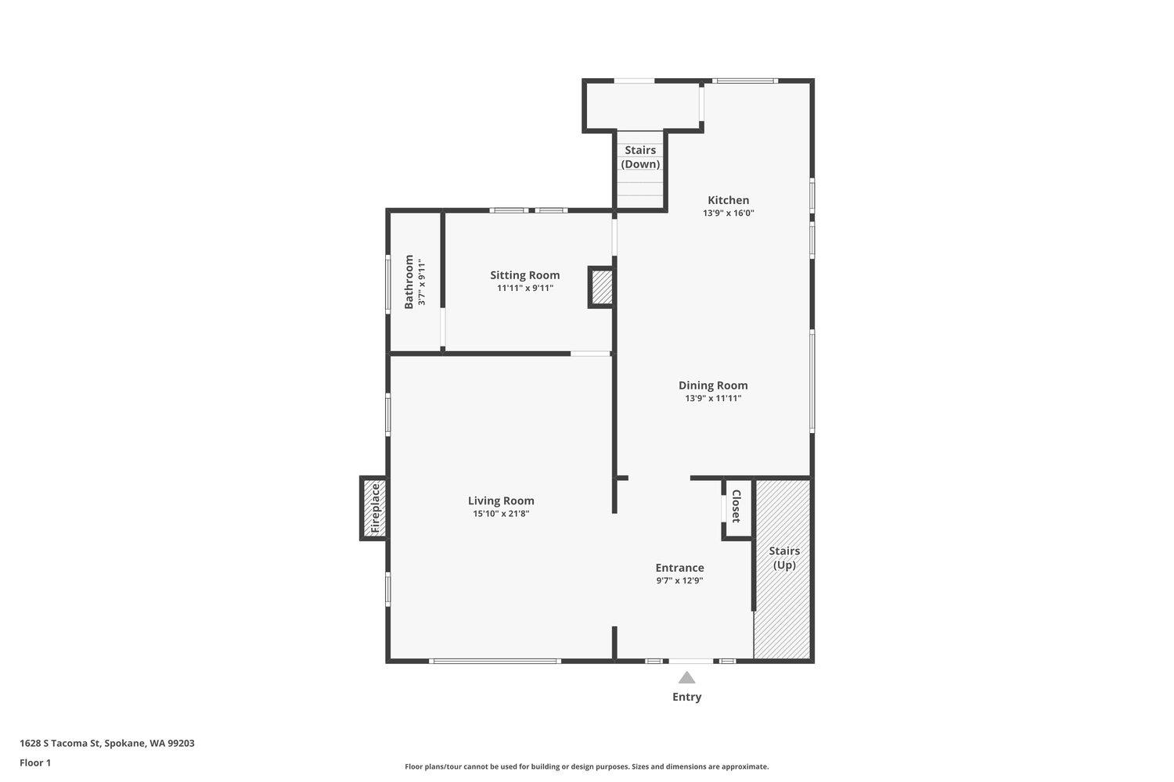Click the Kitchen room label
pos(728,200)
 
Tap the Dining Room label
pos(713,386)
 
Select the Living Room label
pos(501,500)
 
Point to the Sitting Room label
pos(524,275)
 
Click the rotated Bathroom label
pos(409,282)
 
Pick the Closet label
pos(736,506)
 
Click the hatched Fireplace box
pos(374,508)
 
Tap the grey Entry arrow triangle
pos(686,678)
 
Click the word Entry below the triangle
pos(686,697)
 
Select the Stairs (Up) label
pos(784,558)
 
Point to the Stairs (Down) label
pos(640,157)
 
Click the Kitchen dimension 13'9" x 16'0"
pos(728,213)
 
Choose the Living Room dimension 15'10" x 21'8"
pos(501,514)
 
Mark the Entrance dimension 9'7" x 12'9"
pos(679,580)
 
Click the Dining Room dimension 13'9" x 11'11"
pos(713,398)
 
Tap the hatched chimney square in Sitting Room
pos(601,287)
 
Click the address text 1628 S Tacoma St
pos(59,743)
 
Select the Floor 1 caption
pos(35,762)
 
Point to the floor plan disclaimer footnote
pos(586,767)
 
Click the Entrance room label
pos(679,568)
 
